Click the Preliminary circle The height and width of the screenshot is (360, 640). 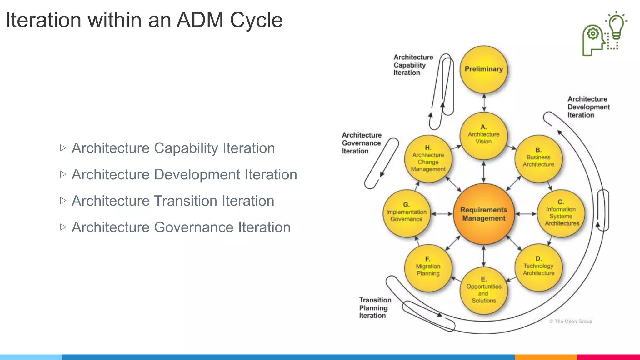pyautogui.click(x=484, y=69)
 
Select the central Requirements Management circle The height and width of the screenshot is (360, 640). pyautogui.click(x=484, y=214)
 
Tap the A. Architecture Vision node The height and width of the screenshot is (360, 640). pyautogui.click(x=483, y=135)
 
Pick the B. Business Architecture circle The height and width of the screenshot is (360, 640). pyautogui.click(x=538, y=158)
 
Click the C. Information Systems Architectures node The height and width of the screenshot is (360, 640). pyautogui.click(x=561, y=213)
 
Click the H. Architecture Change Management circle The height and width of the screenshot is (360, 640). pyautogui.click(x=428, y=159)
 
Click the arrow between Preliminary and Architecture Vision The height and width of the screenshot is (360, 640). pyautogui.click(x=484, y=102)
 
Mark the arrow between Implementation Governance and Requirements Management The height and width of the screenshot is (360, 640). pyautogui.click(x=442, y=214)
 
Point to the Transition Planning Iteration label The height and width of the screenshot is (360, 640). pyautogui.click(x=375, y=308)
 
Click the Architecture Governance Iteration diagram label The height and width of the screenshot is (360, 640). pyautogui.click(x=362, y=143)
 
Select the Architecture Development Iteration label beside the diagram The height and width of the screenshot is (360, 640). pyautogui.click(x=588, y=107)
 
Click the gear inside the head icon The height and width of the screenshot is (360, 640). pyautogui.click(x=593, y=33)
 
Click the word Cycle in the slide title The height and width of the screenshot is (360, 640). pyautogui.click(x=256, y=21)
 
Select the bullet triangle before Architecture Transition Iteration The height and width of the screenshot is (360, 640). pyautogui.click(x=63, y=200)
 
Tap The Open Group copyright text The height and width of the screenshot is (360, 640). pyautogui.click(x=571, y=321)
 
